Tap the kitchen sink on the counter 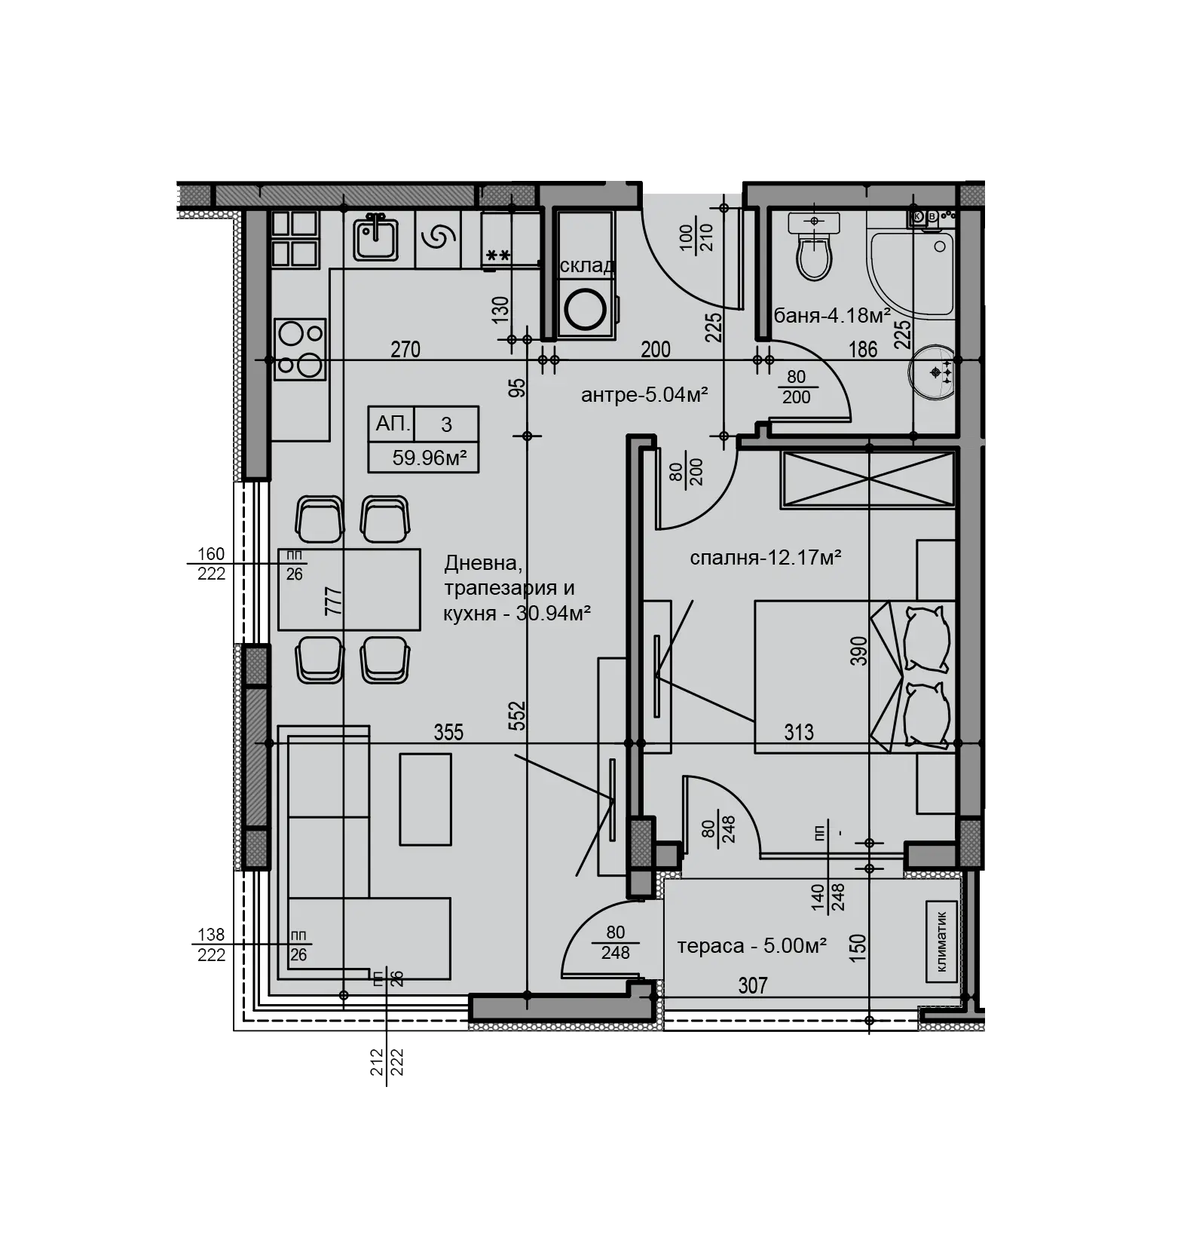point(376,235)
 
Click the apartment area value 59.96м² point(430,458)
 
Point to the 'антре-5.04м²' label point(644,394)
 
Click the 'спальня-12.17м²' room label point(765,558)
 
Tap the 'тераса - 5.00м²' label point(752,945)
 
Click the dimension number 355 point(448,732)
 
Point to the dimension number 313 point(799,732)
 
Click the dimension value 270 point(405,350)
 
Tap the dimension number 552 point(517,716)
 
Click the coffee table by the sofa point(426,800)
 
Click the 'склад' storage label point(587,266)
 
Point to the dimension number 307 point(753,985)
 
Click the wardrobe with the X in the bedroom point(868,479)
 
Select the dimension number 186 point(863,350)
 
